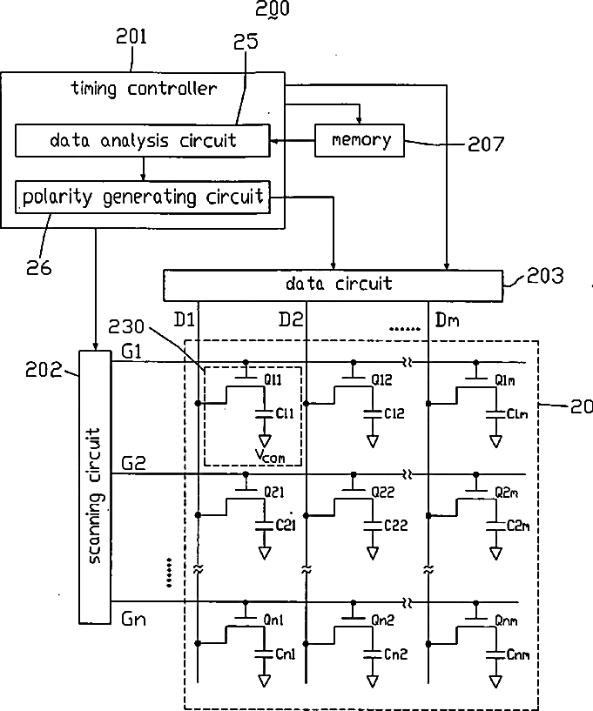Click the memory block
point(360,141)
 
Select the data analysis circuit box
point(143,141)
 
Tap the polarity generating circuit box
point(143,197)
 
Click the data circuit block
point(333,285)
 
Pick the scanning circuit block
point(95,486)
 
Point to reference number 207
point(486,144)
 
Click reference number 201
point(131,37)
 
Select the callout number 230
point(125,326)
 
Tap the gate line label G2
point(133,463)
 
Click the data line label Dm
point(447,320)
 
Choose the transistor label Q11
point(273,379)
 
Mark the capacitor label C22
point(395,525)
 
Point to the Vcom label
point(270,455)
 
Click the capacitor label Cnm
point(518,654)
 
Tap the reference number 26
point(38,268)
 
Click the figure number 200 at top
point(273,9)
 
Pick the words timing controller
point(144,88)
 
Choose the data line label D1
point(185,319)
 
